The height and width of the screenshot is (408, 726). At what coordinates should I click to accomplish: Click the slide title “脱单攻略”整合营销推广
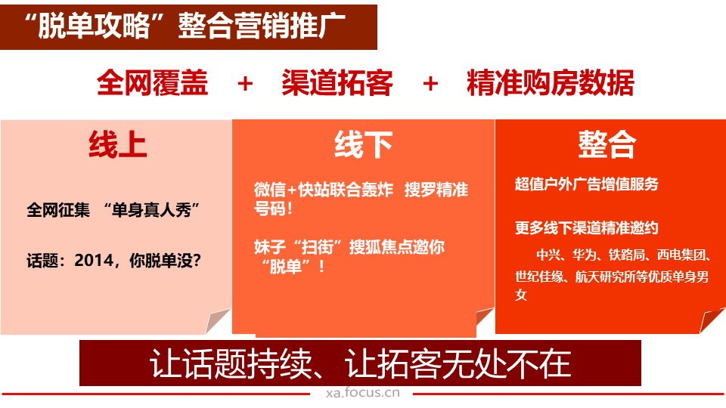[x=185, y=26]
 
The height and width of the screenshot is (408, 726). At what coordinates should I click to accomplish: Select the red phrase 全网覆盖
[x=152, y=83]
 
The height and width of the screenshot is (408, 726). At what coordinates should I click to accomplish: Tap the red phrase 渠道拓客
[x=337, y=83]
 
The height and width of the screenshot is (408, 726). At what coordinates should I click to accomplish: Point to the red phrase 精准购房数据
[x=550, y=83]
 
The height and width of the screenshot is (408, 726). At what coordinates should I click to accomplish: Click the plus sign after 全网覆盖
[x=245, y=84]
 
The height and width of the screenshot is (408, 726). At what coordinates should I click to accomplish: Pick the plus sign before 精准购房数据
[x=430, y=84]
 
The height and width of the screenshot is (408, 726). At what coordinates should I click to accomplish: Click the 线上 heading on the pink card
[x=118, y=145]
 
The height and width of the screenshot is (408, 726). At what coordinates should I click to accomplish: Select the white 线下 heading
[x=364, y=145]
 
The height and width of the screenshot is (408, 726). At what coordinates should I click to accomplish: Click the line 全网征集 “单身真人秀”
[x=113, y=211]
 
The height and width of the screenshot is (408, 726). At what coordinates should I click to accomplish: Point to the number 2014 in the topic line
[x=94, y=261]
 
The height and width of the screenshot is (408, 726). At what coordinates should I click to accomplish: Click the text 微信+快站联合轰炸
[x=323, y=190]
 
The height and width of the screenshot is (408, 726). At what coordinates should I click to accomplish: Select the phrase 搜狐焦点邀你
[x=397, y=247]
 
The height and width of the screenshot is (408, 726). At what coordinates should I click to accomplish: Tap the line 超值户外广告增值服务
[x=586, y=184]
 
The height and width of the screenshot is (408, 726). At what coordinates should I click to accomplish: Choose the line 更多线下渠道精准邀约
[x=586, y=228]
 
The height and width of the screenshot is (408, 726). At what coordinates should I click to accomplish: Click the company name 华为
[x=585, y=255]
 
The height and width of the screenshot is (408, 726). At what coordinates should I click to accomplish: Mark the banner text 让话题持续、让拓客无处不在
[x=360, y=363]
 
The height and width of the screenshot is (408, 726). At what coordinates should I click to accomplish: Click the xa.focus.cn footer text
[x=362, y=393]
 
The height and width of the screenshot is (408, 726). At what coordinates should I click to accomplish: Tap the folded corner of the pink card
[x=217, y=320]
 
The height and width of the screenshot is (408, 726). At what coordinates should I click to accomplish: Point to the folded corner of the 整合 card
[x=712, y=320]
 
